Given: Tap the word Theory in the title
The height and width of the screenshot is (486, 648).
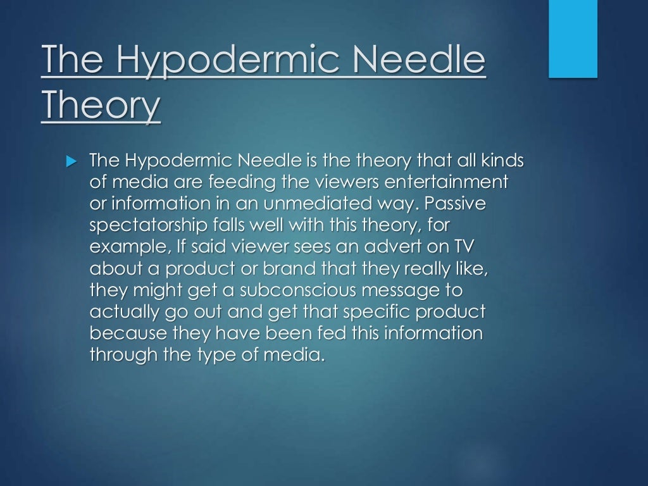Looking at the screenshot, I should click(x=101, y=107).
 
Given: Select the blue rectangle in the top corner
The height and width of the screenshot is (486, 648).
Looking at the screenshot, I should click(x=573, y=39).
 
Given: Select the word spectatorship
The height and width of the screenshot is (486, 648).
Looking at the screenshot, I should click(x=145, y=226).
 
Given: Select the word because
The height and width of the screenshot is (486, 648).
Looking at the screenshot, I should click(x=129, y=333).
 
